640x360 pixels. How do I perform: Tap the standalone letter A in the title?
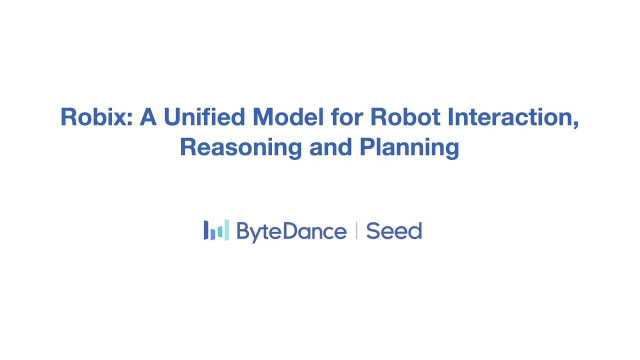[147, 117]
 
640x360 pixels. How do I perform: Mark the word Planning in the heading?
[409, 147]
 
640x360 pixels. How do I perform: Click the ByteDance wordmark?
[291, 231]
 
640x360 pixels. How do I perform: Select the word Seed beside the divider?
[394, 231]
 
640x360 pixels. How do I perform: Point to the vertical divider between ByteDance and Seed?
[356, 231]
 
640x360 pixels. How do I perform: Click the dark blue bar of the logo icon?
[206, 229]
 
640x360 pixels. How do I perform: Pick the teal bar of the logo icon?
[219, 232]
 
